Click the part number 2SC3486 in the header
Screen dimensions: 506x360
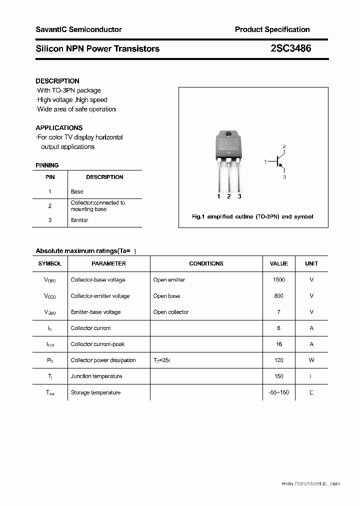click(290, 48)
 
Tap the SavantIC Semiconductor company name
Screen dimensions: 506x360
click(78, 29)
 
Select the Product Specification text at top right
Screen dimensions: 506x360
click(272, 29)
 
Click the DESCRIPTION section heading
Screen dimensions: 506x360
click(57, 81)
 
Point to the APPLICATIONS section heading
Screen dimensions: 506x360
click(59, 127)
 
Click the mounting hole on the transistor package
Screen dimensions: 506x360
click(228, 134)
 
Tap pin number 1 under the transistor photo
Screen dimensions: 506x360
click(218, 196)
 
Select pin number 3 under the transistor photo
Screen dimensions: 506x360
click(239, 196)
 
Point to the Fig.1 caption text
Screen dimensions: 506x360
click(252, 217)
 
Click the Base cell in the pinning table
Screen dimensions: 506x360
click(77, 191)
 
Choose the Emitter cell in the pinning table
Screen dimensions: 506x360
click(79, 220)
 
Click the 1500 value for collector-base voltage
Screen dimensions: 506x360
click(279, 280)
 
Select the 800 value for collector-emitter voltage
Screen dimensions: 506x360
click(278, 296)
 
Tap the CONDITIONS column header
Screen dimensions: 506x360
click(206, 263)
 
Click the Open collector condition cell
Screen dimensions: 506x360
click(171, 312)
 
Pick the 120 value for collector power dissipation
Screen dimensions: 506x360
click(278, 360)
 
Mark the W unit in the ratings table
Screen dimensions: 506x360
click(311, 360)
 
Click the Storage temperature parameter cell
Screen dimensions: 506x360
click(95, 392)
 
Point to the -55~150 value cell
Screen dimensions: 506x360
click(278, 392)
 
